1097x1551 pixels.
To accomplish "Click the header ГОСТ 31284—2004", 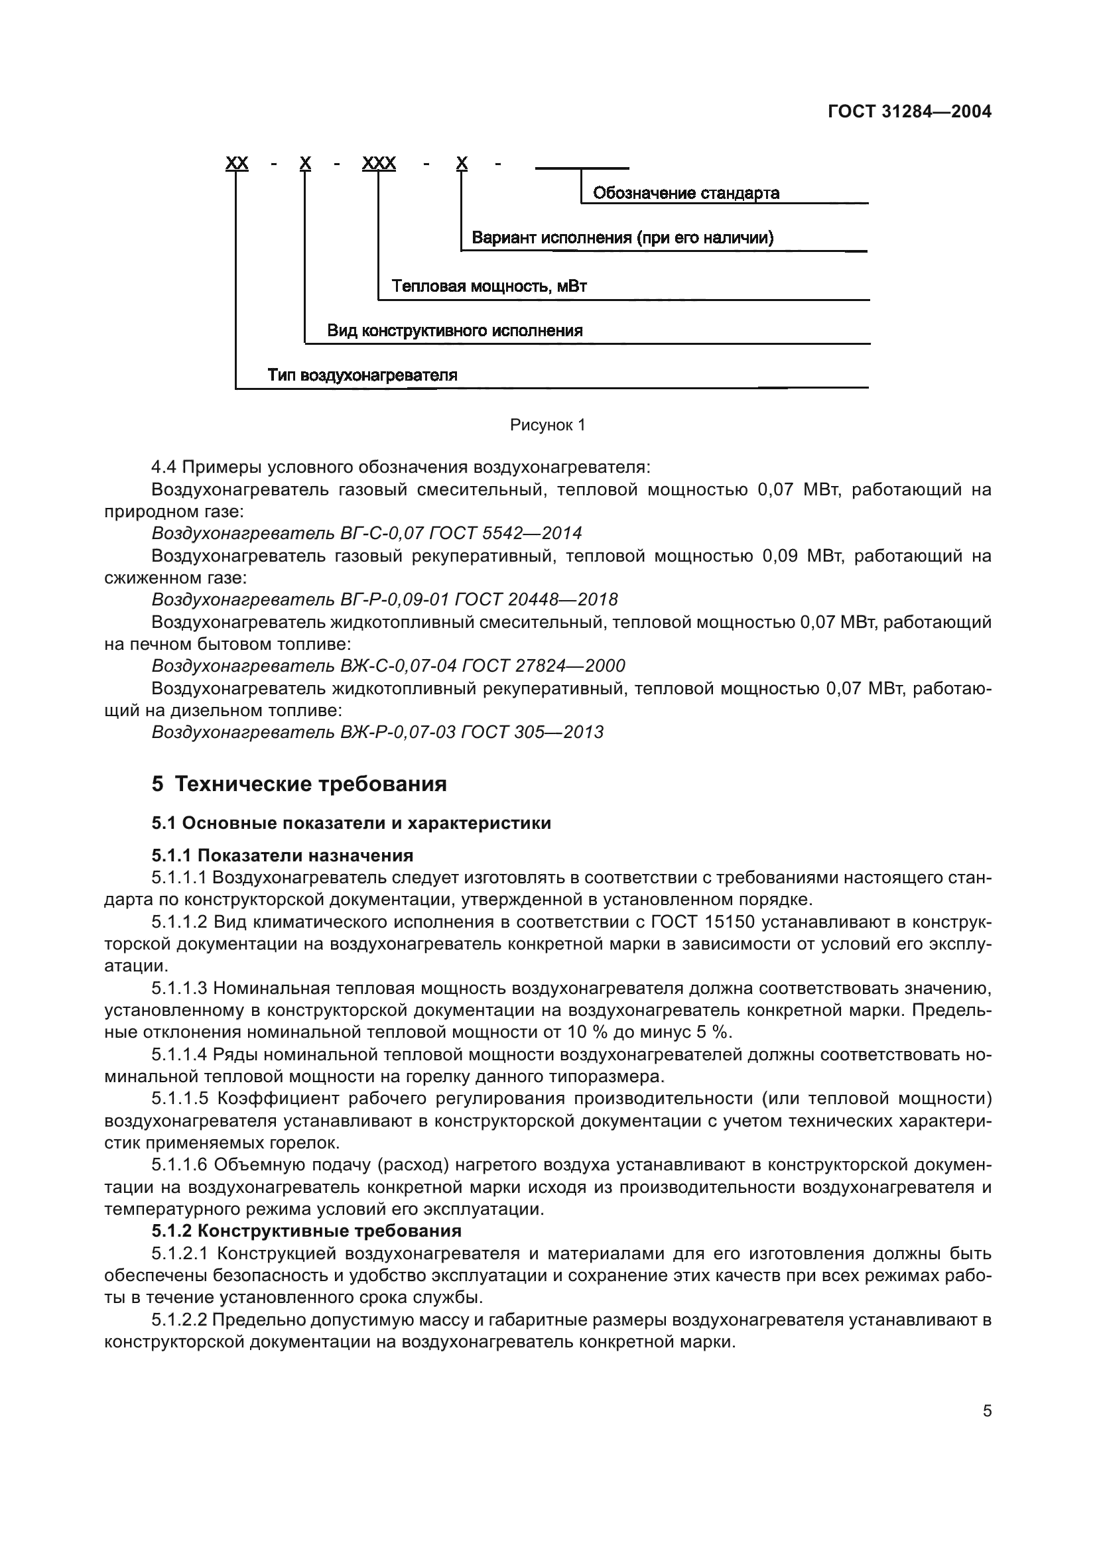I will (x=909, y=111).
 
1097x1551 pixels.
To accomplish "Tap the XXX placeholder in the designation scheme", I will (x=379, y=163).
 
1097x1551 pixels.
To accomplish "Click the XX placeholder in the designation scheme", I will (x=236, y=163).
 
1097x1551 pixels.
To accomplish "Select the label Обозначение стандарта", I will (x=686, y=193).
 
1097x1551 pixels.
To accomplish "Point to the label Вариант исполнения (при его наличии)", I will (x=622, y=238).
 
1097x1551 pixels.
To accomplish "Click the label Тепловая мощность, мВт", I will (x=489, y=286).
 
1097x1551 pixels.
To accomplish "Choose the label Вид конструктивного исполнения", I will (x=454, y=330).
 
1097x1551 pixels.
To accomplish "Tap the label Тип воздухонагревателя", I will (x=362, y=375).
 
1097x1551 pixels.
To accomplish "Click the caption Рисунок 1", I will (x=547, y=425).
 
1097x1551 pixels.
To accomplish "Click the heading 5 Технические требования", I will (x=299, y=784).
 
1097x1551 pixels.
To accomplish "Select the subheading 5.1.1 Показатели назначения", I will (x=283, y=856).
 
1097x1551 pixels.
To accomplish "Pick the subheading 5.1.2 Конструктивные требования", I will (x=306, y=1231).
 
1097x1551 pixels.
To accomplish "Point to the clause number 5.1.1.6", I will (x=179, y=1164).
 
